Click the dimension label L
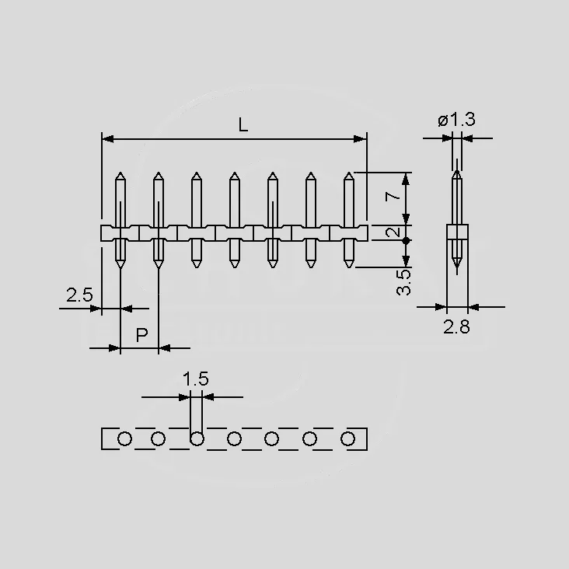pyautogui.click(x=243, y=125)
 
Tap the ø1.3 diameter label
pyautogui.click(x=456, y=120)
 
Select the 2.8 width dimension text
pyautogui.click(x=456, y=326)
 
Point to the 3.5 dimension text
pyautogui.click(x=403, y=282)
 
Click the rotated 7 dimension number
pyautogui.click(x=393, y=197)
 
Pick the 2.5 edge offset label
pyautogui.click(x=79, y=295)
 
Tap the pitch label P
pyautogui.click(x=142, y=335)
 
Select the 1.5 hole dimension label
pyautogui.click(x=196, y=379)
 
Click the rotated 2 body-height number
pyautogui.click(x=393, y=232)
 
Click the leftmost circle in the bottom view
pyautogui.click(x=124, y=438)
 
